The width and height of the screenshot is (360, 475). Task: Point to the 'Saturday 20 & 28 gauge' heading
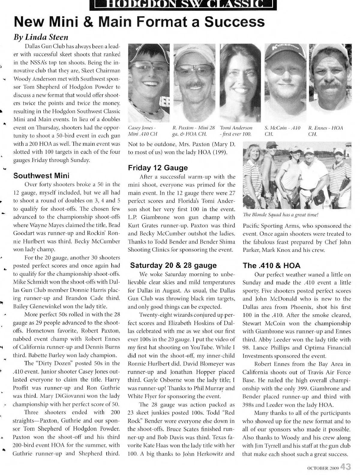pos(173,265)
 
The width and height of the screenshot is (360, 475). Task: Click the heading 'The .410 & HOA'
pos(271,265)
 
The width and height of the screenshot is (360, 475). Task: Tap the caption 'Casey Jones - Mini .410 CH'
pos(142,131)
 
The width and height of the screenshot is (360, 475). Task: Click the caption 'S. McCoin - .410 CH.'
pos(283,131)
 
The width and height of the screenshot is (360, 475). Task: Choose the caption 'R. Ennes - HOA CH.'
pos(325,131)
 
